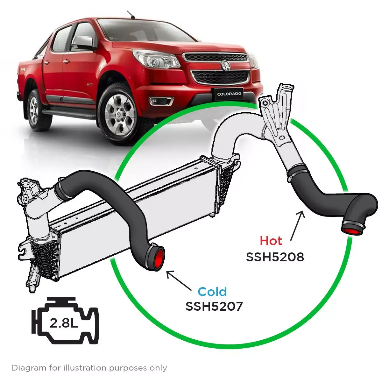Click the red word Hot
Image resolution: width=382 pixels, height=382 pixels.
pos(271,241)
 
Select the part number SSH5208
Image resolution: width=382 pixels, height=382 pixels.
pos(275,257)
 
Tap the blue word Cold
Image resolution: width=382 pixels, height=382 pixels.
pos(212,292)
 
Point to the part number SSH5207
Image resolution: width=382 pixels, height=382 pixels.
pos(214,307)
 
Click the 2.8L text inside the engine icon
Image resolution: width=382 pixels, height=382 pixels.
pos(64,323)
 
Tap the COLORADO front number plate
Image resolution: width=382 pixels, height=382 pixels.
pos(229,94)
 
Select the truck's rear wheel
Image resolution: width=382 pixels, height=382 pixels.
pos(34,110)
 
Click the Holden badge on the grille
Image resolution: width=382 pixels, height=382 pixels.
pos(225,66)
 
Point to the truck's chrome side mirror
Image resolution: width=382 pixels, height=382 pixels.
pos(82,42)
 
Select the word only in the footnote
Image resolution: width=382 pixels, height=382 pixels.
pos(159,368)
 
